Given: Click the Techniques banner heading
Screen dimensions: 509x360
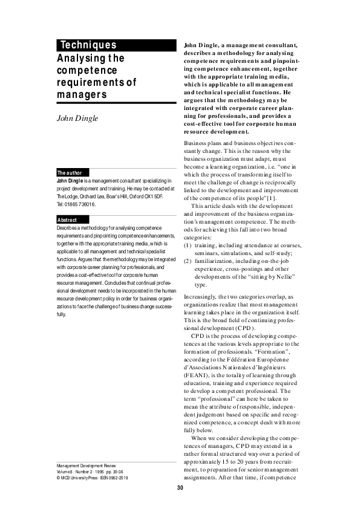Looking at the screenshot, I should (x=88, y=45).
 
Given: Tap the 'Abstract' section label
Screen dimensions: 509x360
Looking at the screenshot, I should (x=67, y=219).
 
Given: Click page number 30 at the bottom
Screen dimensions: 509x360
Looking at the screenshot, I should (x=180, y=488).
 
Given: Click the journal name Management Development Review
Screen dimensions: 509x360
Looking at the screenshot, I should (x=85, y=465).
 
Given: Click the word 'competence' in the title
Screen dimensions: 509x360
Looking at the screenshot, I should (x=84, y=71).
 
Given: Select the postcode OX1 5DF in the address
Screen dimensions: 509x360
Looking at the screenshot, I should (x=152, y=196).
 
